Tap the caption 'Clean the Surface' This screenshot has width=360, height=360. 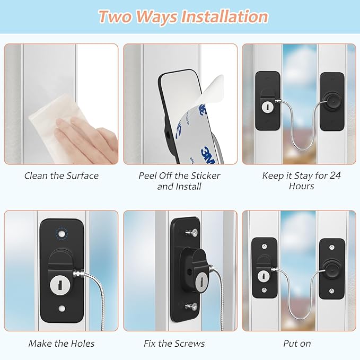coord(61,175)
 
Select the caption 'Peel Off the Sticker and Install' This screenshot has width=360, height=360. coord(179,181)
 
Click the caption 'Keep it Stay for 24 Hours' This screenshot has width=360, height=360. coord(301,181)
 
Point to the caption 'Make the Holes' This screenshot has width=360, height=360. coord(62,344)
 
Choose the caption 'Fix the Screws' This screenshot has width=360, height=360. coord(174,344)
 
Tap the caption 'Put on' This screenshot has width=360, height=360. coord(297,344)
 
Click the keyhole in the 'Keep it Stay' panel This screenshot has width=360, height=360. coord(265,107)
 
